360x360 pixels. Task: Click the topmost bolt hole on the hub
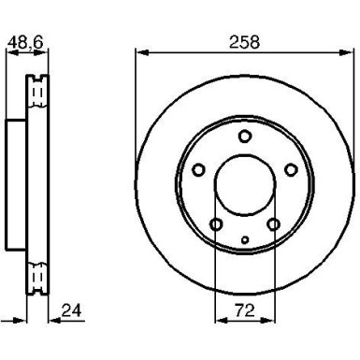tap(244, 137)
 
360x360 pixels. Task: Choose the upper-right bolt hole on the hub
tap(290, 169)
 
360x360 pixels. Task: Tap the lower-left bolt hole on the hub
tap(216, 224)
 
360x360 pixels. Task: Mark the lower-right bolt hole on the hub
tap(273, 224)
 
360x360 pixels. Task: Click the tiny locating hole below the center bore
tap(244, 240)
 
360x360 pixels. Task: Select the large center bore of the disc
tap(244, 186)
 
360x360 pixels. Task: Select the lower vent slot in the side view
tap(38, 278)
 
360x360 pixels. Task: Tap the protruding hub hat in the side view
tap(17, 185)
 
